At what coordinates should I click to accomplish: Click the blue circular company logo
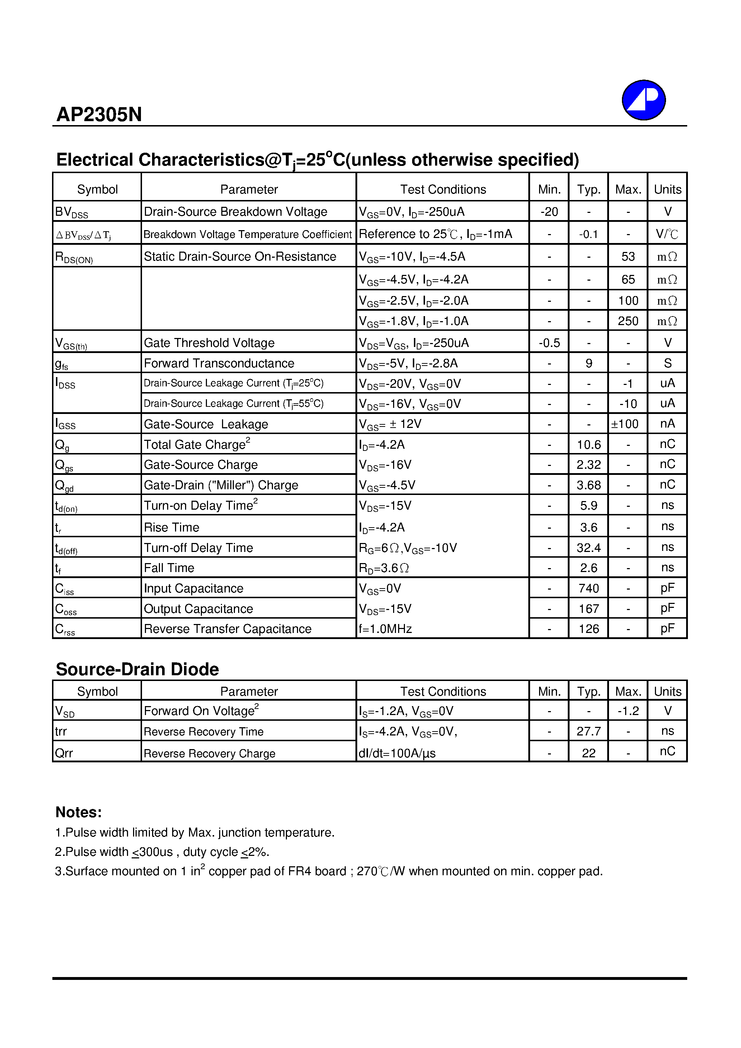point(643,100)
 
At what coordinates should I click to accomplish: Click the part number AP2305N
point(99,115)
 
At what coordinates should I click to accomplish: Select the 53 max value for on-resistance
point(628,257)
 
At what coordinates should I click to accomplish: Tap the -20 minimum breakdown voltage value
point(549,212)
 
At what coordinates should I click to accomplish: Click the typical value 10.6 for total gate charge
point(589,444)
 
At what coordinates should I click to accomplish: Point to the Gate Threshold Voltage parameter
point(209,343)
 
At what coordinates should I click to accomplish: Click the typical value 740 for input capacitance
point(589,589)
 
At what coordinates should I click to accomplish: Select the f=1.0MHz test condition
point(385,629)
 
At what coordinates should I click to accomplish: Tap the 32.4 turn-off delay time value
point(589,548)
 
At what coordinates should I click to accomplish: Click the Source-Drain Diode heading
point(137,669)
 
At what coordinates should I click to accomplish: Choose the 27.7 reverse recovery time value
point(589,731)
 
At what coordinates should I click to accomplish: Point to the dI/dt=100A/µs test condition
point(397,753)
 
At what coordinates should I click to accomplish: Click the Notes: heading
point(79,812)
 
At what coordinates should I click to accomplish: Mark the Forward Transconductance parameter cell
point(219,363)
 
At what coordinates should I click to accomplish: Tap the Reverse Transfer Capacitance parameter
point(227,629)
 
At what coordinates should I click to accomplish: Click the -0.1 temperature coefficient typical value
point(589,234)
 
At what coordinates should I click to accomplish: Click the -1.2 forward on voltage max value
point(628,711)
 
